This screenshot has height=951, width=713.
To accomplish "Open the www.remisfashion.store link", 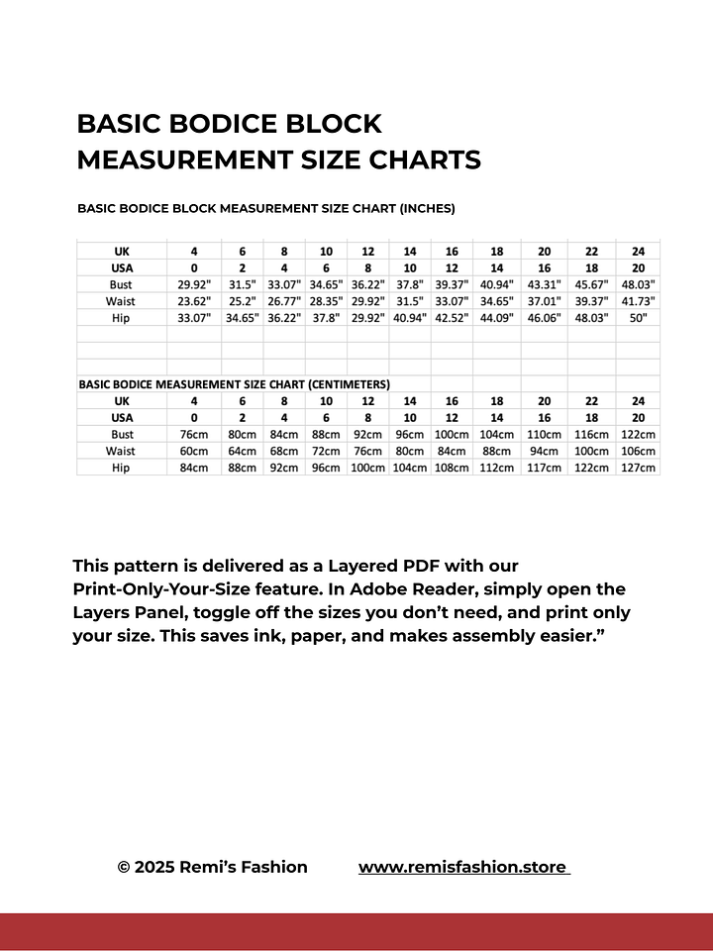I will (x=463, y=867).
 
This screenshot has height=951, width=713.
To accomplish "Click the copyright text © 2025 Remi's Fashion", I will (x=212, y=867).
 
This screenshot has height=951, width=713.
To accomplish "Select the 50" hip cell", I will (x=638, y=318).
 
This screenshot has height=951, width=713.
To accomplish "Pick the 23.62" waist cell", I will (x=194, y=301).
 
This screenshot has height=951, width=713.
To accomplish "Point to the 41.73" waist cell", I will (x=638, y=301).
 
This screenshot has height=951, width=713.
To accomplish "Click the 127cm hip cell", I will (x=638, y=468).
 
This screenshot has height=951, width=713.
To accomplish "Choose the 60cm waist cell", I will (x=194, y=451).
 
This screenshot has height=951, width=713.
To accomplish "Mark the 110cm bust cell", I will (x=544, y=434).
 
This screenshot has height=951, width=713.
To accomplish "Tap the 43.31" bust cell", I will (x=544, y=284).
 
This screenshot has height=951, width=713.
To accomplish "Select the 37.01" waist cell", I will (x=544, y=301).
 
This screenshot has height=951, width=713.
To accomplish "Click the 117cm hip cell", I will (x=544, y=468).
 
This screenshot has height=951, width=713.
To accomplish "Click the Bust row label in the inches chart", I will (x=122, y=284).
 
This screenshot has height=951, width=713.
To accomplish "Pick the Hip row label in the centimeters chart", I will (x=122, y=468).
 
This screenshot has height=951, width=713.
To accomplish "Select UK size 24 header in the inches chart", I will (x=638, y=251).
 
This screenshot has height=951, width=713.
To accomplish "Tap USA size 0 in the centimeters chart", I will (x=194, y=417).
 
